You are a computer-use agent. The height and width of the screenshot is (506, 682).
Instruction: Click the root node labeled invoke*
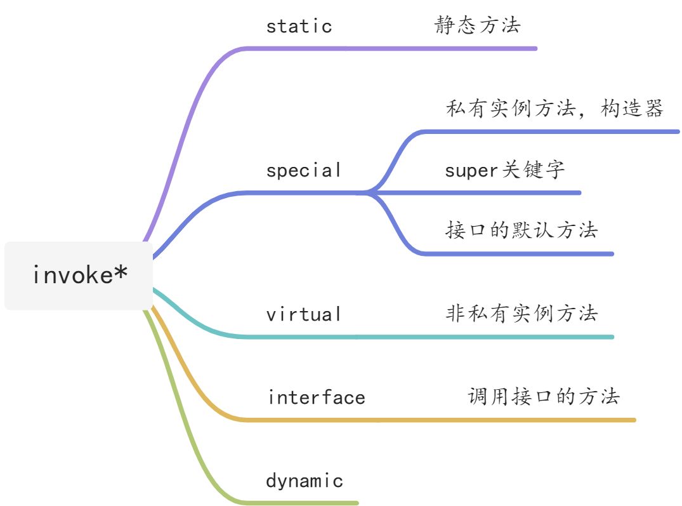point(79,276)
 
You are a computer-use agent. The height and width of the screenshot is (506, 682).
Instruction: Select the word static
point(299,26)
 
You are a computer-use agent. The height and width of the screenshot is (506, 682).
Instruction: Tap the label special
point(303,170)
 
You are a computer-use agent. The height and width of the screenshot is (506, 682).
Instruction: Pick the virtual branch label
point(303,314)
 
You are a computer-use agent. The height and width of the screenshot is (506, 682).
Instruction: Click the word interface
point(316,397)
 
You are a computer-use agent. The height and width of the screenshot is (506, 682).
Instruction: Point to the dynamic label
point(304,481)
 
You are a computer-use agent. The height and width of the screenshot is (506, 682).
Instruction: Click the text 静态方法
point(477,25)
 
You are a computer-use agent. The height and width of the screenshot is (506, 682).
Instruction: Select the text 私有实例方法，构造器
point(554,109)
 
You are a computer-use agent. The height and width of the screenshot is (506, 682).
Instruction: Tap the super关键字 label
point(504,170)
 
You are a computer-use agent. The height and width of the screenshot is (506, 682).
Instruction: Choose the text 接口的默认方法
point(521,230)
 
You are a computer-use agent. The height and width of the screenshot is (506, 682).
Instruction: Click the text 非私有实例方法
point(521,313)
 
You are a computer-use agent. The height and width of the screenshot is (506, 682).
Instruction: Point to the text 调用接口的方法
point(544,396)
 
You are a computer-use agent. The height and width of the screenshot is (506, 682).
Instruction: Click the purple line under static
point(393,48)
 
